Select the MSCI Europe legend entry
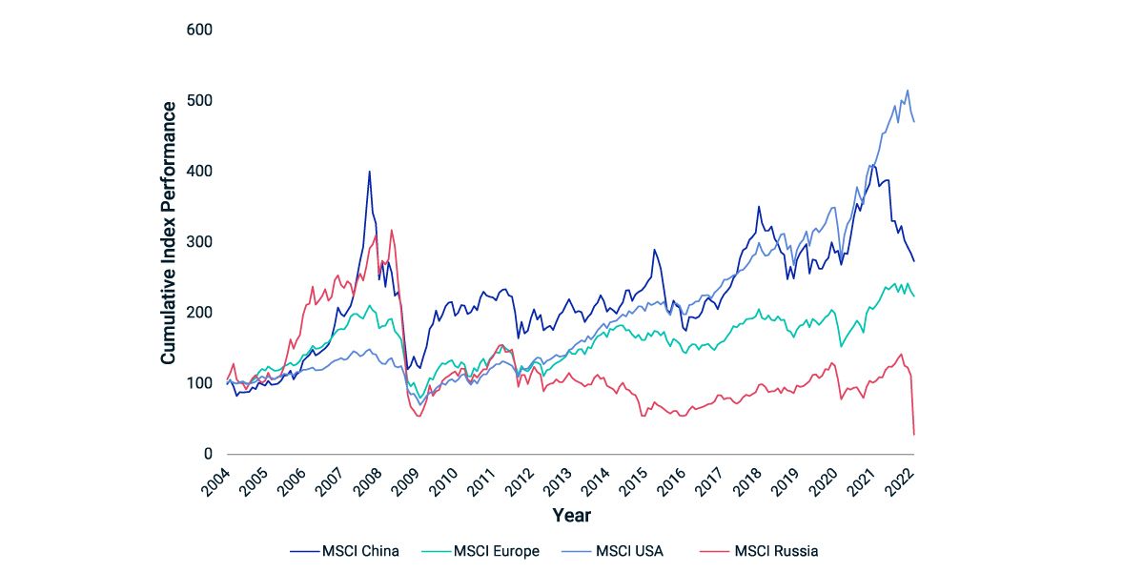[x=496, y=550]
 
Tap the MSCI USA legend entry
[x=630, y=550]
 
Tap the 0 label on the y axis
[x=206, y=455]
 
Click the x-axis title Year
[x=571, y=516]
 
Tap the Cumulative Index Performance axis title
[x=168, y=233]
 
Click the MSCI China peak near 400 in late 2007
[x=369, y=172]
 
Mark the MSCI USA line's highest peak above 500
[x=907, y=91]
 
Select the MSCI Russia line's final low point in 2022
[x=914, y=435]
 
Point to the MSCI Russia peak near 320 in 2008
[x=391, y=230]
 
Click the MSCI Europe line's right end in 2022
[x=914, y=296]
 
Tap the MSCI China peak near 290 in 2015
[x=654, y=250]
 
